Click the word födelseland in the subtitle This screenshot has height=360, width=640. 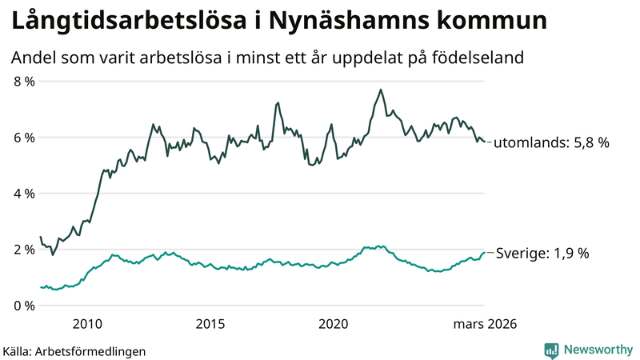coord(478,58)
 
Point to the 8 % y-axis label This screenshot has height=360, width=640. coord(24,82)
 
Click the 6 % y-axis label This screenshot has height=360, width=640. coord(24,138)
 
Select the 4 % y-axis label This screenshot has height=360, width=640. coord(24,194)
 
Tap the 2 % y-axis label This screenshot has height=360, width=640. coord(24,250)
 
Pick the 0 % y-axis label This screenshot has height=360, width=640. coord(24,306)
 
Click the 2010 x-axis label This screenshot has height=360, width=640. coord(87,324)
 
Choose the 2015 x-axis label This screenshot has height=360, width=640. coord(210,324)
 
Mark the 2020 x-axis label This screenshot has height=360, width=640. coord(334,324)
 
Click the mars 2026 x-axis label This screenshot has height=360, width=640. coord(485,324)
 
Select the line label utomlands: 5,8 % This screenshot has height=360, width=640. coord(551,143)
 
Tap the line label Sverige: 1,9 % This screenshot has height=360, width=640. coord(543,253)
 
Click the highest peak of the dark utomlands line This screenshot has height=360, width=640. coord(381,90)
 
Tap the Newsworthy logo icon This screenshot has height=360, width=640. coord(551,350)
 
